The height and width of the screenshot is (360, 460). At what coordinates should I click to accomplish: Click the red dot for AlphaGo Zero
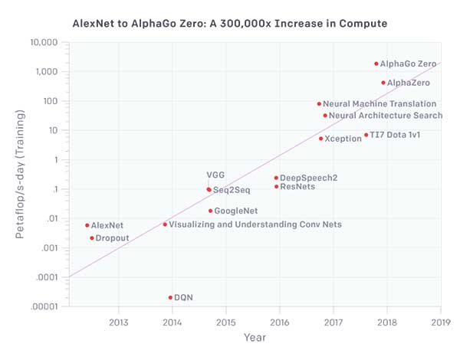pos(376,64)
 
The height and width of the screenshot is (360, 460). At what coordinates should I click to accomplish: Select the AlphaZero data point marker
pos(383,83)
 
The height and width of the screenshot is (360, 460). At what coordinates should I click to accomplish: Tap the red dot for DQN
pos(170,297)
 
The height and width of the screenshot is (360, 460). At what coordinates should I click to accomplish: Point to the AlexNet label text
pos(107,225)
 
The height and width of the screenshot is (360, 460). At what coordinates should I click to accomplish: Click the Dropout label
pos(112,238)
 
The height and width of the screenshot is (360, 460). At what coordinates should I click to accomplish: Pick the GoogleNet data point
pos(210,211)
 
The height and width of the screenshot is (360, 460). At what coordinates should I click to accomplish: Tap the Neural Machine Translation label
pos(379,103)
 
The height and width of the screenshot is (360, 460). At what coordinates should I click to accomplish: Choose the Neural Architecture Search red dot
pos(325,116)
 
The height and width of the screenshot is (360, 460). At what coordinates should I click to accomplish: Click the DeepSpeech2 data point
pos(276,178)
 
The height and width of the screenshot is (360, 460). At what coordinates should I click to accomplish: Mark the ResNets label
pos(297,186)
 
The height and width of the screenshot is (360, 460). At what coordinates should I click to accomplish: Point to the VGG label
pos(215,175)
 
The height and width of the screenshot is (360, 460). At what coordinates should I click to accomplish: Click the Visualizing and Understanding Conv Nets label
pos(255,224)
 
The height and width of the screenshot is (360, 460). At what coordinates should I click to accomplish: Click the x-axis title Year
pos(255,337)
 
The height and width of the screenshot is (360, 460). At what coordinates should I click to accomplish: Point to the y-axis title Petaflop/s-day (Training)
pos(24,173)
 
